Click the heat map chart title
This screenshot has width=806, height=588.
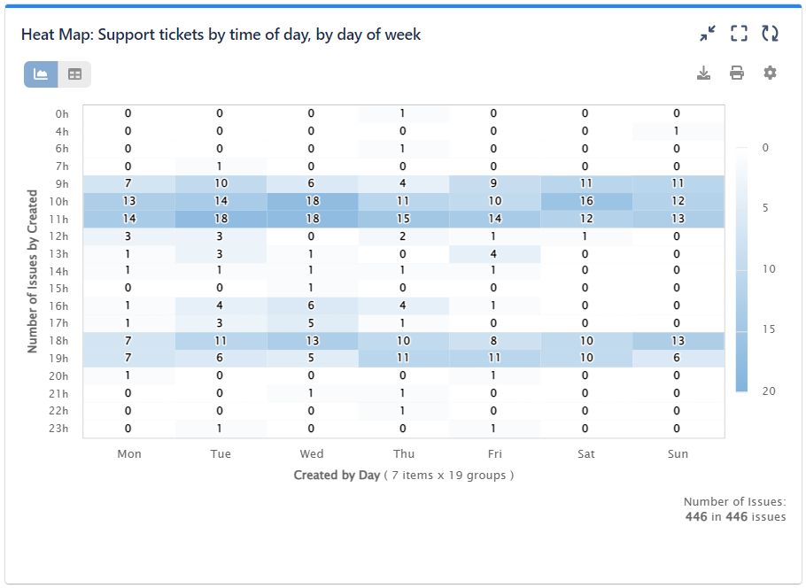point(221,35)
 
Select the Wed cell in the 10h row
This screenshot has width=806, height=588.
point(312,201)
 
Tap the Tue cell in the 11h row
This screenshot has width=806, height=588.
point(220,219)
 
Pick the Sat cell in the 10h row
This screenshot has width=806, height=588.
point(585,201)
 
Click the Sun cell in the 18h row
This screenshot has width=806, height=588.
point(677,341)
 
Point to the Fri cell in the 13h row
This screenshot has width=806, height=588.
point(493,253)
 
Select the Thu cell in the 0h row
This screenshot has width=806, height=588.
point(402,113)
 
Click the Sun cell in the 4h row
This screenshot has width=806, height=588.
point(677,131)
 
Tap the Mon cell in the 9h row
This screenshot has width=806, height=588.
point(128,183)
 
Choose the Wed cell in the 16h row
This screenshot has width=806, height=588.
point(312,306)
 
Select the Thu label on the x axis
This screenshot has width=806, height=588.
point(403,453)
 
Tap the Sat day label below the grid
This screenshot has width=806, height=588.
point(585,453)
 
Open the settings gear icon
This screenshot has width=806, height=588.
point(770,73)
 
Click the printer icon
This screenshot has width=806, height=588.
point(737,73)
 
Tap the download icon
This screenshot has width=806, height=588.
point(703,73)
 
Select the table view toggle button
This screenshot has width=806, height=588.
point(74,74)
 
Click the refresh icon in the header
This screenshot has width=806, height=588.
point(770,34)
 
